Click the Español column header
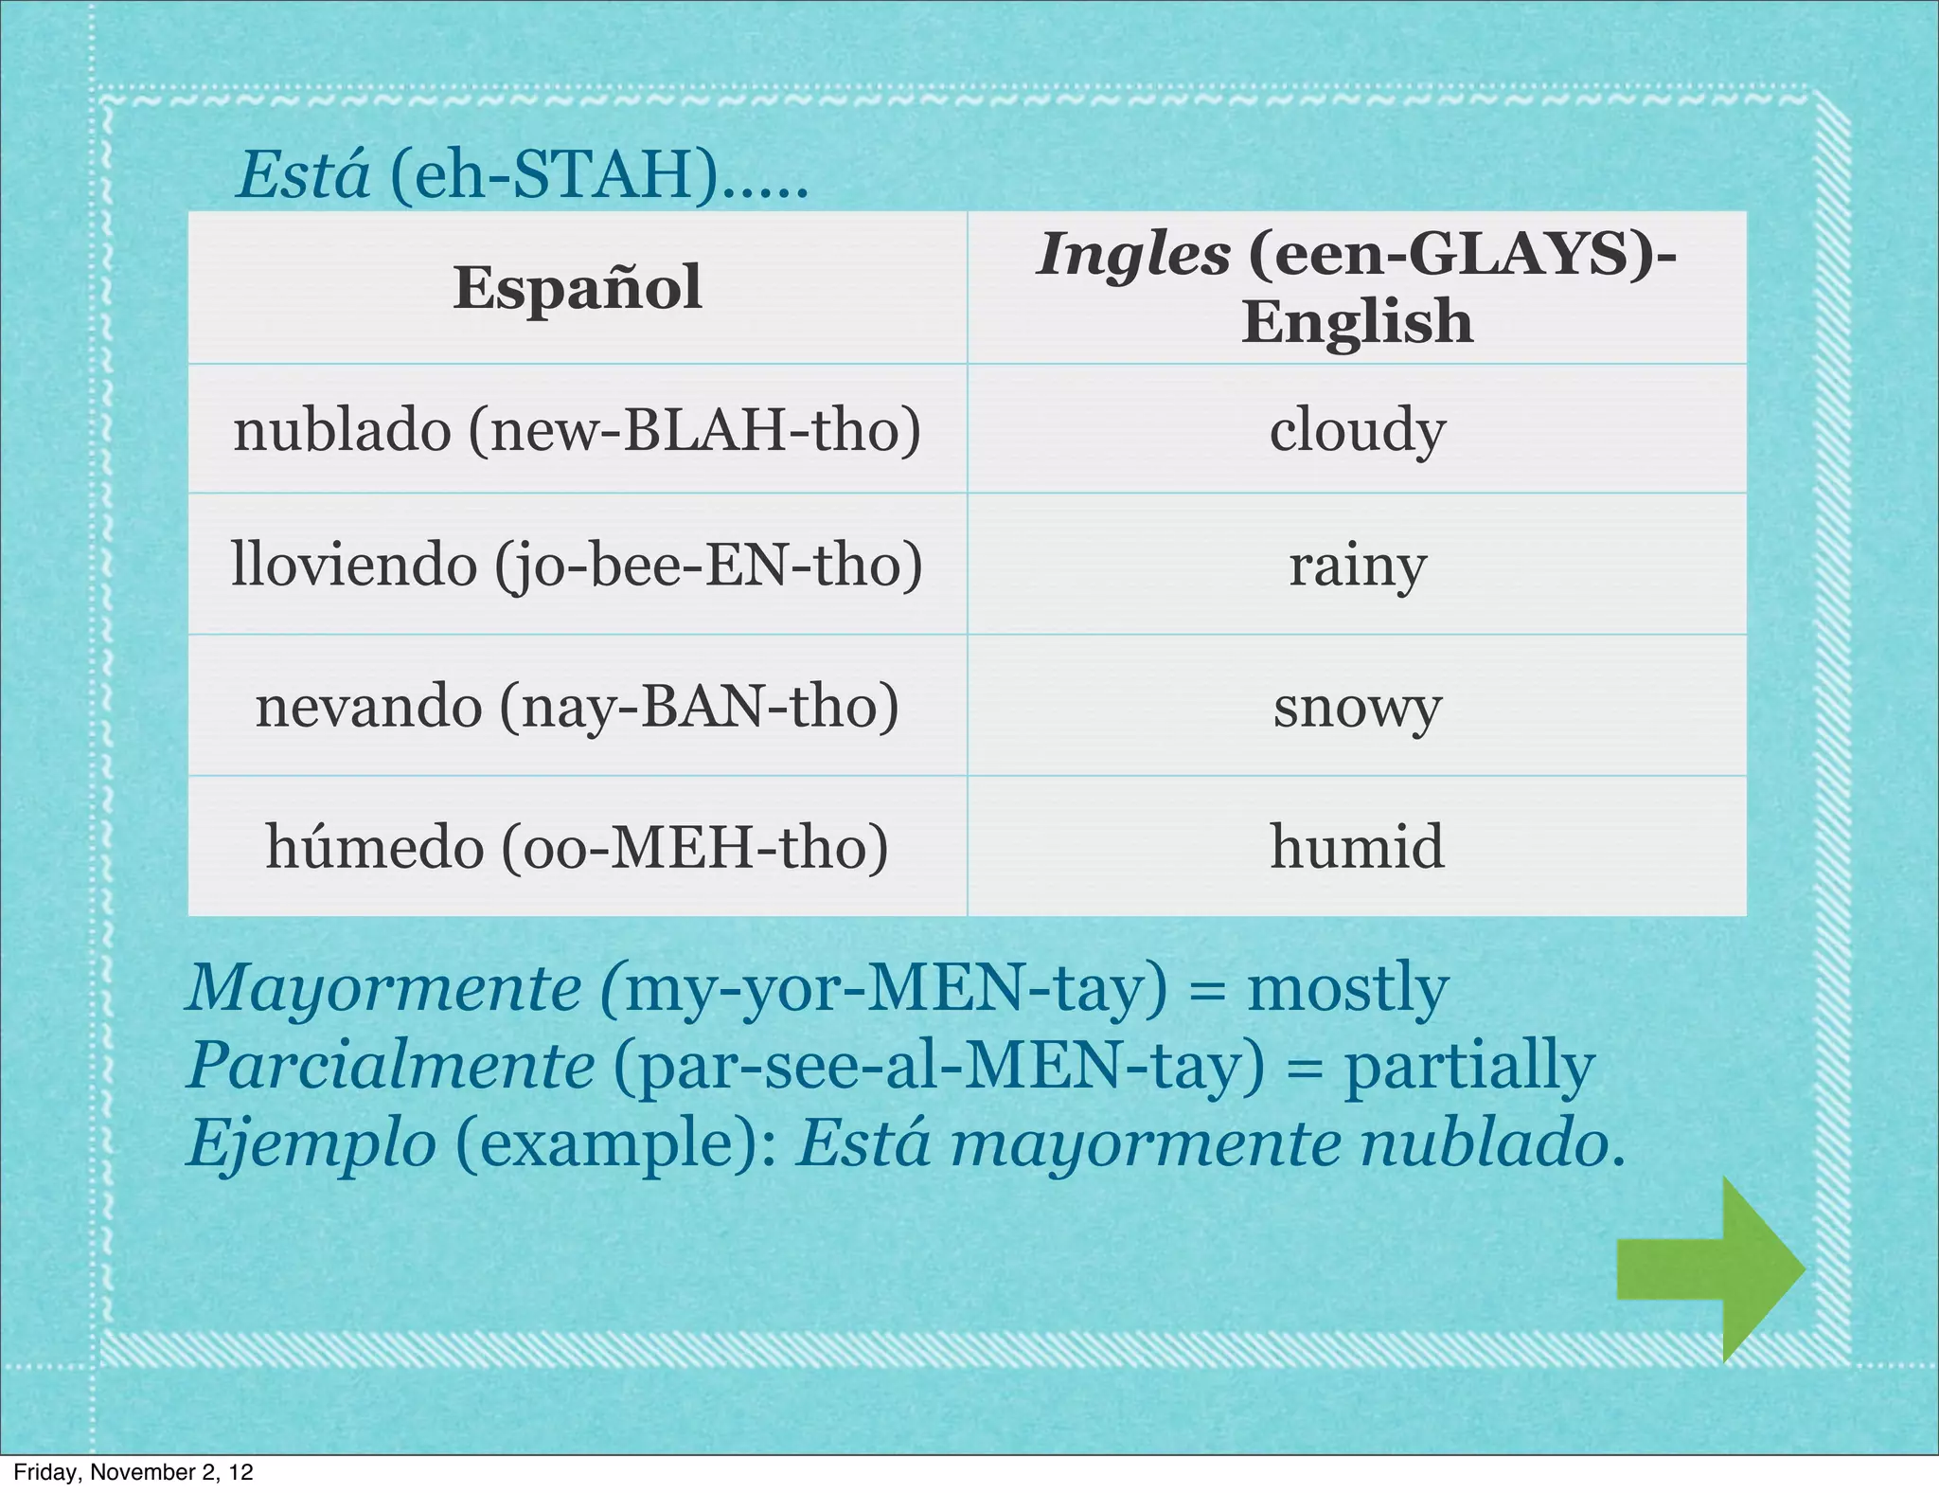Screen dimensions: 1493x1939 pos(578,288)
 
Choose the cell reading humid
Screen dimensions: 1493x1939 pos(1357,846)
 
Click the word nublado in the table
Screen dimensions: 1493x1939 pos(342,431)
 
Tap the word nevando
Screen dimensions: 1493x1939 pos(368,708)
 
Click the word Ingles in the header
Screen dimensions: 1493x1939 pos(1133,256)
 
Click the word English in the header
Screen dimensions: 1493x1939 pos(1357,322)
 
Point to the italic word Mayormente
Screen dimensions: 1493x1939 pos(383,988)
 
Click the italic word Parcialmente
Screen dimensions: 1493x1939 pos(391,1066)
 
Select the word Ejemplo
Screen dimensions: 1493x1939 pos(311,1143)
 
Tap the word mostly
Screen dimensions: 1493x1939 pos(1347,988)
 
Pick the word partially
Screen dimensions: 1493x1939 pos(1469,1066)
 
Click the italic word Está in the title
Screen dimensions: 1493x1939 pos(303,176)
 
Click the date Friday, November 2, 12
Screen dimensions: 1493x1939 pos(133,1472)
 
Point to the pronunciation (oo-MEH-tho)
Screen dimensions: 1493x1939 pos(695,846)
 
